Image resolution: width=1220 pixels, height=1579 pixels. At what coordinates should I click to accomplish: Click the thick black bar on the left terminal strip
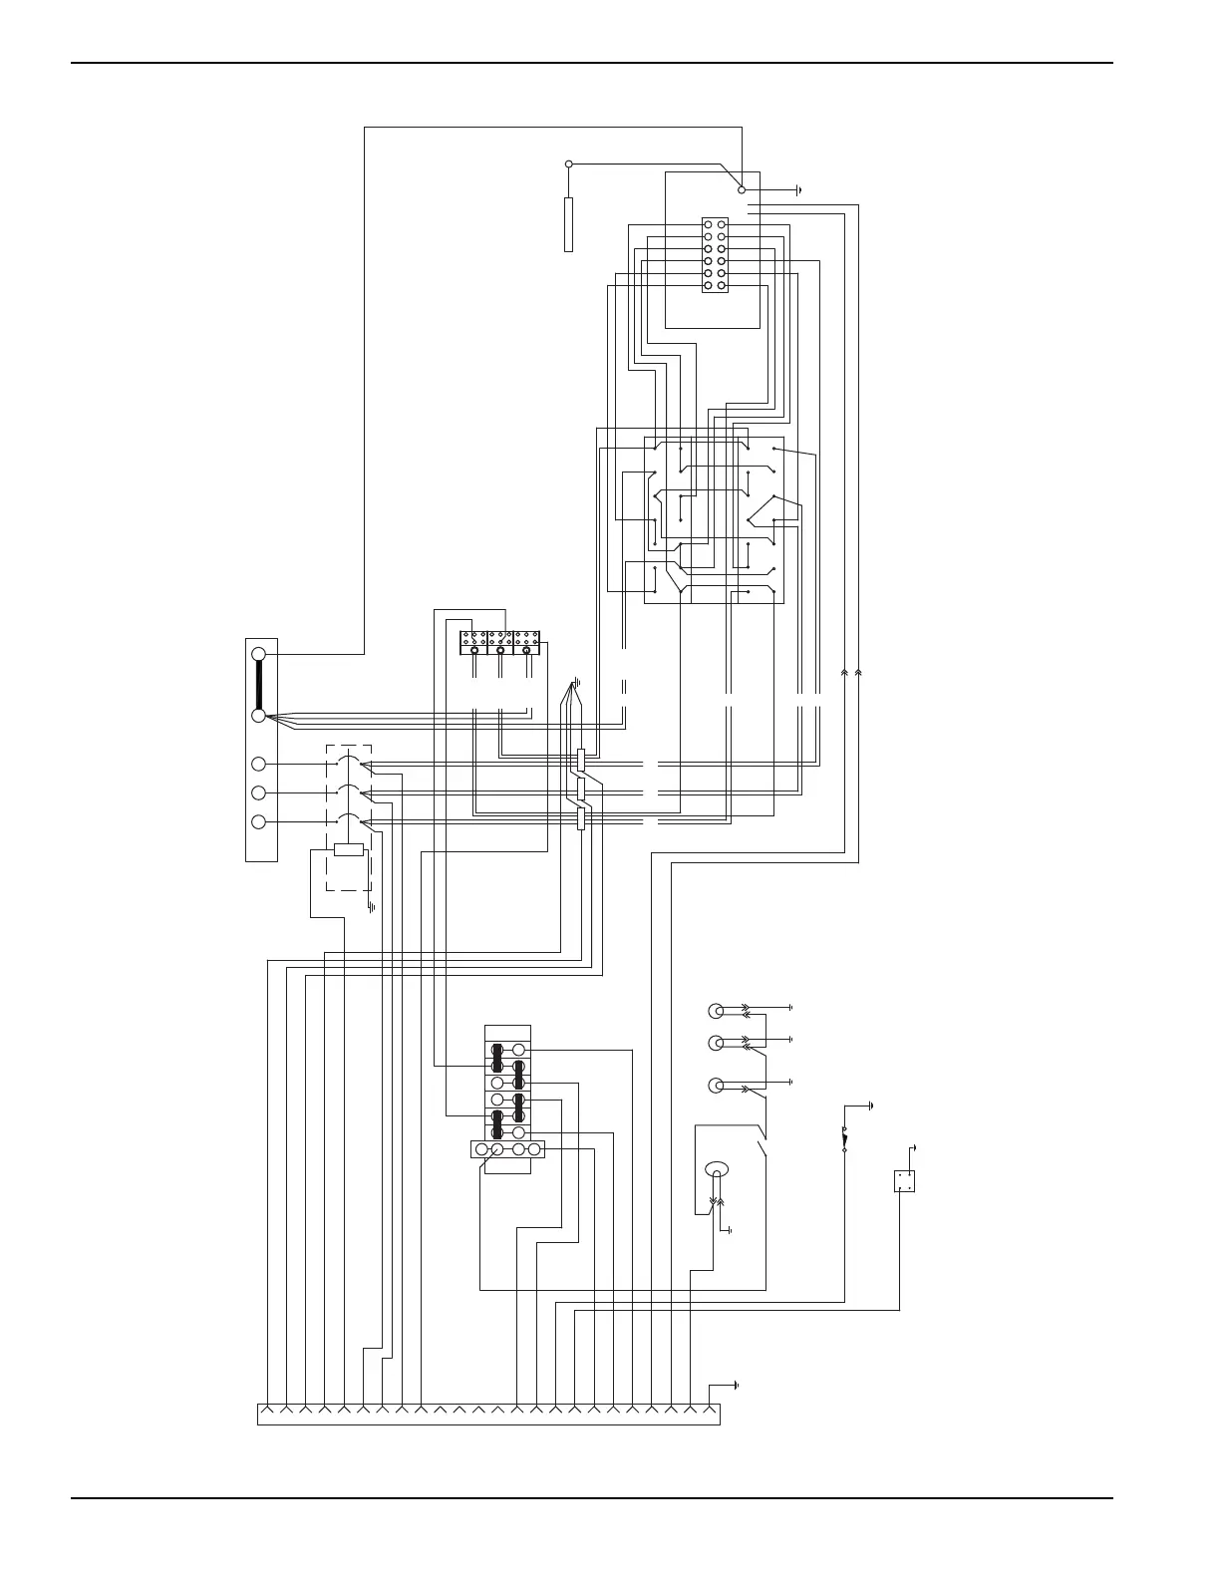[x=259, y=685]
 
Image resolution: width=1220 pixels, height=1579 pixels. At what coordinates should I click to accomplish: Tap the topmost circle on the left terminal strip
[x=259, y=654]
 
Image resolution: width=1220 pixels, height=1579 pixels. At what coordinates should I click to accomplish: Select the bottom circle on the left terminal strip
[x=259, y=821]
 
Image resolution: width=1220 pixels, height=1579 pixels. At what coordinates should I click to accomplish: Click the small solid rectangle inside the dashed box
[x=348, y=849]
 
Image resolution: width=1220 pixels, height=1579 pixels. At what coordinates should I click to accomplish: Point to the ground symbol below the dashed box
[x=371, y=906]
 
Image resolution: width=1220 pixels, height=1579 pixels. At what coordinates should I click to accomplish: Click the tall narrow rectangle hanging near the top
[x=568, y=224]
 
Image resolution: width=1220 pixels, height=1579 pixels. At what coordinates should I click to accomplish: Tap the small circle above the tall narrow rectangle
[x=568, y=163]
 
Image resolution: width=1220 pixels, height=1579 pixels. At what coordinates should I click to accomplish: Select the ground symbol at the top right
[x=798, y=188]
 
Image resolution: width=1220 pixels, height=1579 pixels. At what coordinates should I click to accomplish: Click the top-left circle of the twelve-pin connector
[x=708, y=225]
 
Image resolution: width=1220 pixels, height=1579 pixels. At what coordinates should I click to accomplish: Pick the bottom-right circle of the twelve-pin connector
[x=721, y=285]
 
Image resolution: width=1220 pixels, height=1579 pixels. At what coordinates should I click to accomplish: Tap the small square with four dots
[x=904, y=1181]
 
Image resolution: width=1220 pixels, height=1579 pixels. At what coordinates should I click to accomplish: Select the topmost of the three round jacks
[x=716, y=1011]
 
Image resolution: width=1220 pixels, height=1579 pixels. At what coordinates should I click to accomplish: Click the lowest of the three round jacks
[x=716, y=1086]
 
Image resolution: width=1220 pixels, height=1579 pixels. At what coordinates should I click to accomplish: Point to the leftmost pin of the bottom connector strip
[x=268, y=1410]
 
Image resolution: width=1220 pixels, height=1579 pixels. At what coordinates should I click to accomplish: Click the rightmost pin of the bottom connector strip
[x=709, y=1410]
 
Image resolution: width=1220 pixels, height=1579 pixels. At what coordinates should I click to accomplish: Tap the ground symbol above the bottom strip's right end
[x=735, y=1386]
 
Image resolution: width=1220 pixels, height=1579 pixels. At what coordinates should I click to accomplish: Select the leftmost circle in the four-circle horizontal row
[x=483, y=1149]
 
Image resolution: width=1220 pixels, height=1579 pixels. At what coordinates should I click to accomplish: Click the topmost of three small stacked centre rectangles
[x=581, y=761]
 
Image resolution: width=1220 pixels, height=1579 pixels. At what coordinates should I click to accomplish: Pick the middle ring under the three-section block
[x=500, y=652]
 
